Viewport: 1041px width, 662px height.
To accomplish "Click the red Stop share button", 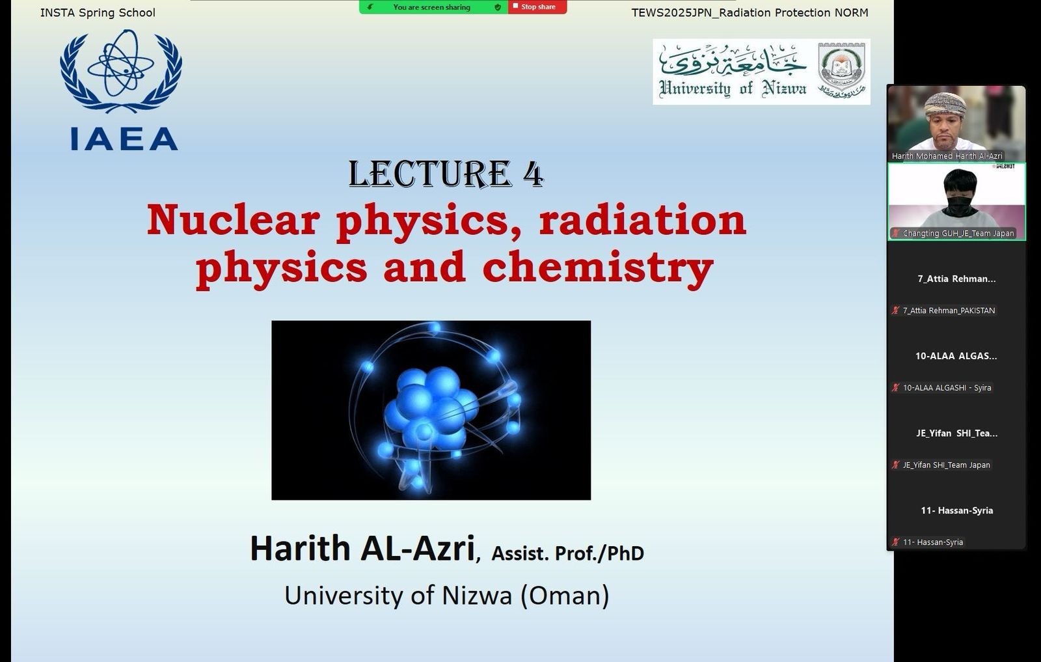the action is pyautogui.click(x=537, y=7).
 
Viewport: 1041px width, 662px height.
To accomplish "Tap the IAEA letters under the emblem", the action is pyautogui.click(x=124, y=139).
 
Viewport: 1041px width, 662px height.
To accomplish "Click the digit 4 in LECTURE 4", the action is pyautogui.click(x=533, y=174).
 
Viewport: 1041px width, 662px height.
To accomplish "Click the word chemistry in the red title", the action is pyautogui.click(x=598, y=268).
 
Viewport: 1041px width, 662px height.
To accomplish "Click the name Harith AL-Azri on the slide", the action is pyautogui.click(x=362, y=549).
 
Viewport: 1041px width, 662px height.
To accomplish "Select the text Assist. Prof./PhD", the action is pyautogui.click(x=567, y=553).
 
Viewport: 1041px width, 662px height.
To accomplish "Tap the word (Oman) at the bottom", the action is pyautogui.click(x=565, y=596).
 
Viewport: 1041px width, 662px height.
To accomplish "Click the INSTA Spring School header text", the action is pyautogui.click(x=98, y=12).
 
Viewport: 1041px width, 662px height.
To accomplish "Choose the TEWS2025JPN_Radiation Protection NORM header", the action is pyautogui.click(x=750, y=12).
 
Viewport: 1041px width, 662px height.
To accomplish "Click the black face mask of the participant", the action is pyautogui.click(x=959, y=206).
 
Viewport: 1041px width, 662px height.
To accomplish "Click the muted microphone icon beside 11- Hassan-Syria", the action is pyautogui.click(x=895, y=542).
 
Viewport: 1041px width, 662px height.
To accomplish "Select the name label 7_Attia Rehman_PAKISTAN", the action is pyautogui.click(x=949, y=310).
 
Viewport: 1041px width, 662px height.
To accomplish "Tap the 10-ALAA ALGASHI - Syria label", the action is pyautogui.click(x=947, y=387).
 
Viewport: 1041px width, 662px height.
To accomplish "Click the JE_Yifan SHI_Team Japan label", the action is pyautogui.click(x=946, y=464).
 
